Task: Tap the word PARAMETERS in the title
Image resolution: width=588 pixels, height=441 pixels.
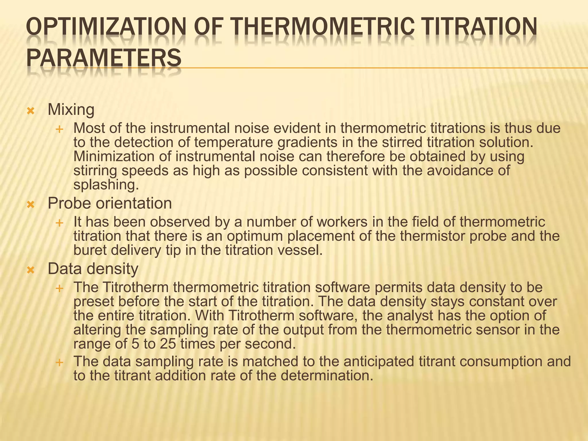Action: click(104, 58)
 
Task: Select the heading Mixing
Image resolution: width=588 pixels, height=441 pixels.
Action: click(71, 110)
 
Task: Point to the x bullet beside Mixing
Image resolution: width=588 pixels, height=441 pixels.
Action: click(30, 111)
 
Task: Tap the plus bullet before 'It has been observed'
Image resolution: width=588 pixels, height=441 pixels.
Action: click(59, 223)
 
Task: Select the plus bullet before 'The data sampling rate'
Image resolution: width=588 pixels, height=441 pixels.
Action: click(59, 362)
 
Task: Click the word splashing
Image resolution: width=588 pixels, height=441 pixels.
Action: click(106, 185)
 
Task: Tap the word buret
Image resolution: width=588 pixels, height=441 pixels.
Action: click(90, 250)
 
